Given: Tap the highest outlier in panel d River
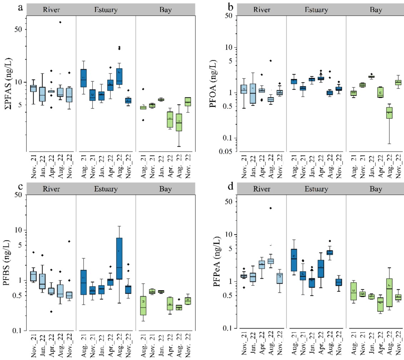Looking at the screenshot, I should [270, 208].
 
